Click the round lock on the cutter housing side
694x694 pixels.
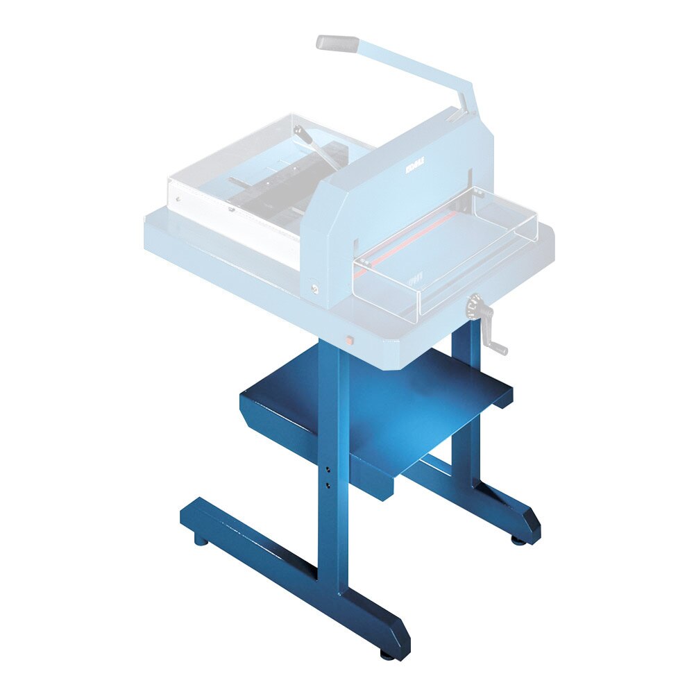point(316,287)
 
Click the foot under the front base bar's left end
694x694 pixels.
point(199,539)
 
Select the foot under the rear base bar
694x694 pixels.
point(518,538)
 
